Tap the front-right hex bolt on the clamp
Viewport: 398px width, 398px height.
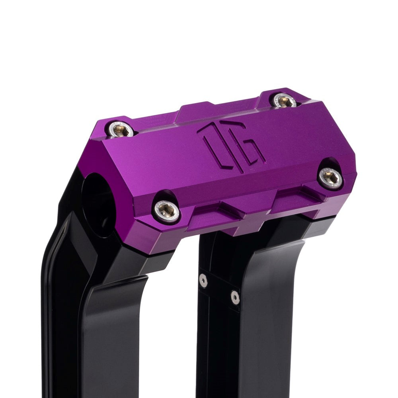pos(331,177)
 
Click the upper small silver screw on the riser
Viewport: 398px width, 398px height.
pos(203,281)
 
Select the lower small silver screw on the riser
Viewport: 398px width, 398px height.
pos(235,297)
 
